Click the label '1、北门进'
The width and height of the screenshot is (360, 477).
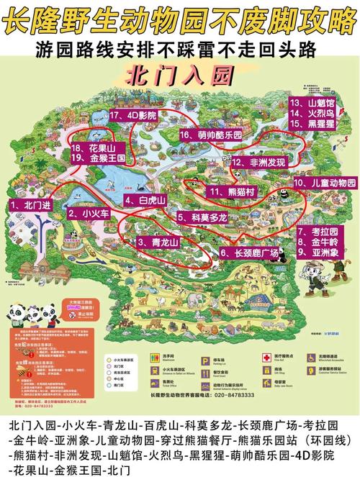tap(30, 205)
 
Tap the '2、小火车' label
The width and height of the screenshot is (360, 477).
tap(88, 214)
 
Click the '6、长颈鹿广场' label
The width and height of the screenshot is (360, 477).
tap(248, 253)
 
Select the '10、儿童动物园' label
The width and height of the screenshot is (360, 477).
tap(325, 183)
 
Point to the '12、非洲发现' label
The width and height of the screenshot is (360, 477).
tap(258, 163)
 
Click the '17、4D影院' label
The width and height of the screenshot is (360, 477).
tap(132, 114)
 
